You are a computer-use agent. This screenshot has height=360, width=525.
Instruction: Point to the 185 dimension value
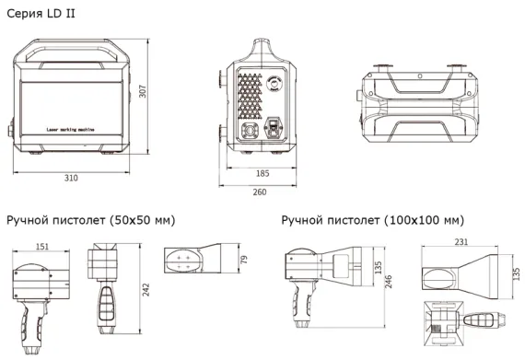click(261, 173)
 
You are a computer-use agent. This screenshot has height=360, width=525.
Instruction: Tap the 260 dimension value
click(259, 192)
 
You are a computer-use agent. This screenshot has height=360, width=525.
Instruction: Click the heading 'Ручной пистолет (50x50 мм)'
click(90, 221)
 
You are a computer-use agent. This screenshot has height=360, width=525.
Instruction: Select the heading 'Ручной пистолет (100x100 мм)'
click(372, 221)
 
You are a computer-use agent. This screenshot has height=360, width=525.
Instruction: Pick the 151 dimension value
click(42, 246)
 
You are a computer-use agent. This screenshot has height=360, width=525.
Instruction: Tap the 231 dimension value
click(461, 242)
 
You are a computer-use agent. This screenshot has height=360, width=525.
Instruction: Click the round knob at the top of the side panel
click(274, 81)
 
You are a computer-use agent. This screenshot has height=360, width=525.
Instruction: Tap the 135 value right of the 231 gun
click(513, 275)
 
